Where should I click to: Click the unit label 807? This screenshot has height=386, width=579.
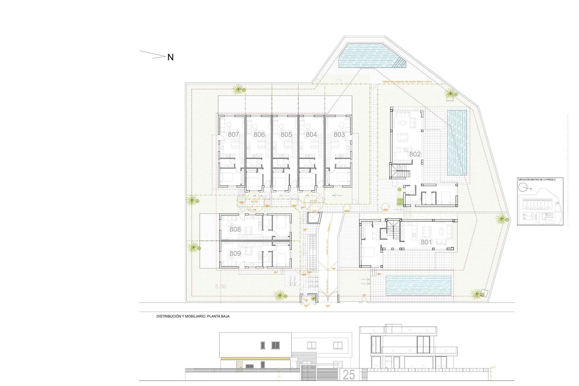pos(233,134)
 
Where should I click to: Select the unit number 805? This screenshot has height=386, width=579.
pos(286,134)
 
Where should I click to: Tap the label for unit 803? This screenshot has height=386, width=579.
pos(339,134)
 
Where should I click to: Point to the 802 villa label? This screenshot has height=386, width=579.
pos(415,154)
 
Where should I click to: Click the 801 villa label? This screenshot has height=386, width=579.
pos(426,242)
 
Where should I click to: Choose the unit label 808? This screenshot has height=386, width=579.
pos(235,229)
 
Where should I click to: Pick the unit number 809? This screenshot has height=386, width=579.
pos(235,254)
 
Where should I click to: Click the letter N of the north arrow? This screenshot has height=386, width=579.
pos(170,57)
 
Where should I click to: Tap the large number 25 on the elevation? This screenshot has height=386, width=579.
pos(349,375)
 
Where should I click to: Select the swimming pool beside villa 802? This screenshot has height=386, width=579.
pos(457,143)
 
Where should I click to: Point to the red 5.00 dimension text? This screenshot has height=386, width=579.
pos(221,286)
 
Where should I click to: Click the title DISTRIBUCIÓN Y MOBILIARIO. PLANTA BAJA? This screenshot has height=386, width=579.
pos(193,316)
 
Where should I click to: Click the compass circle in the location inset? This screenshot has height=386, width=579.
pos(523,188)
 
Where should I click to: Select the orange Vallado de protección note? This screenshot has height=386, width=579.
pos(407,82)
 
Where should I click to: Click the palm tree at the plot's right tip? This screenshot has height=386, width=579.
pos(501,218)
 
